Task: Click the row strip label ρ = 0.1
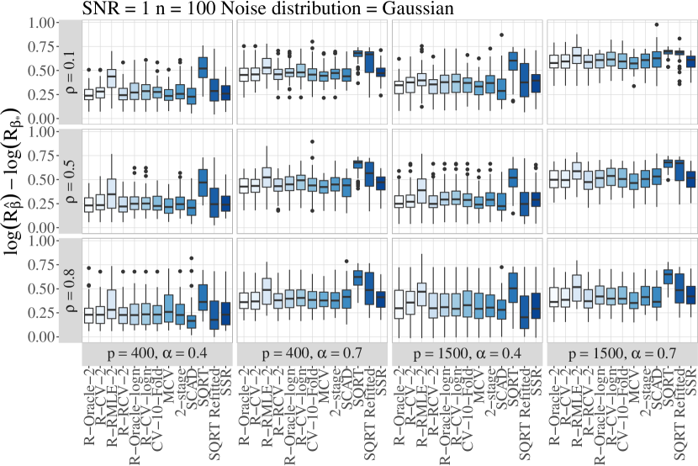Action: click(70, 71)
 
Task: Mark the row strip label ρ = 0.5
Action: click(70, 180)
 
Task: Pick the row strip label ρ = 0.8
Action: click(70, 288)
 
